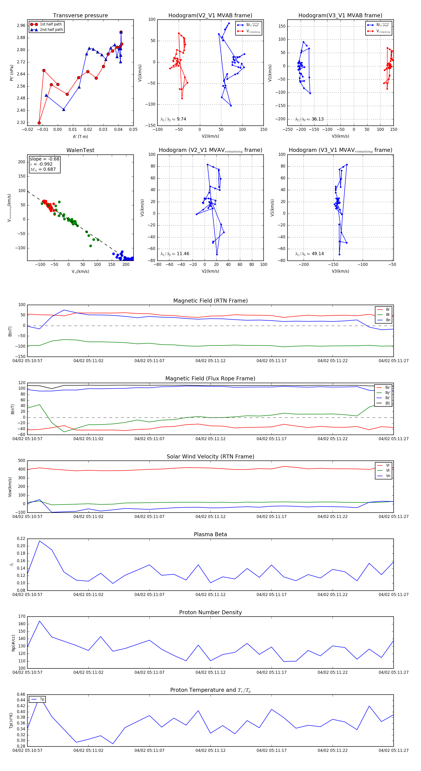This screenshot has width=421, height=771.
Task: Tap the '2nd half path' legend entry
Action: [x=51, y=30]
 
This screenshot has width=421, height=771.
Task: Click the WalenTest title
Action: [x=80, y=150]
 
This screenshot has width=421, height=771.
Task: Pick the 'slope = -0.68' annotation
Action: [x=44, y=159]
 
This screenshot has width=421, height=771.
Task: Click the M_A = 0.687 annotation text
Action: [x=43, y=169]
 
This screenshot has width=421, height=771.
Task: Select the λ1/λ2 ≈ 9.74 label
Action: [x=173, y=119]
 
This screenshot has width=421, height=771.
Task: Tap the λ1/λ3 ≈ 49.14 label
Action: [x=309, y=254]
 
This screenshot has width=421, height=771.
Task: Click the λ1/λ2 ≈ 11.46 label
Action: [x=175, y=254]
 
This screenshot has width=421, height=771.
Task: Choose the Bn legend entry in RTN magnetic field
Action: [x=388, y=320]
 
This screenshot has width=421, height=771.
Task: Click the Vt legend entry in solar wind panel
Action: [x=388, y=471]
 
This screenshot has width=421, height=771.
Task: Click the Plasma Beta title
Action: [x=210, y=534]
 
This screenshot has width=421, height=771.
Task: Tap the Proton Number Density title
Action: [x=210, y=612]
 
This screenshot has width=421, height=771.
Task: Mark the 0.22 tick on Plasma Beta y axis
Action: [x=21, y=539]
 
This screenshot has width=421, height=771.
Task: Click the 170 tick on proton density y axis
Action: [x=22, y=616]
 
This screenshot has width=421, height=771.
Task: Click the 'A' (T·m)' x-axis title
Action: [x=80, y=136]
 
